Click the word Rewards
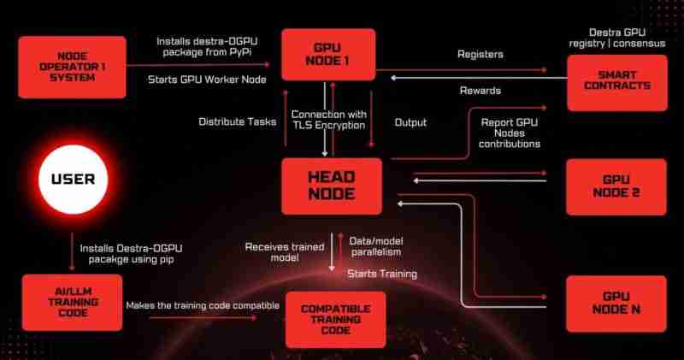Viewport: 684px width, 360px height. (x=480, y=91)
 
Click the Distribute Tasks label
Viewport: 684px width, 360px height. (x=238, y=121)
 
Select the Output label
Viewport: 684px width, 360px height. (x=410, y=122)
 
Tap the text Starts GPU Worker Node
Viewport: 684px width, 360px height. (x=206, y=80)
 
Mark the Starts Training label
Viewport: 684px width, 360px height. (x=381, y=274)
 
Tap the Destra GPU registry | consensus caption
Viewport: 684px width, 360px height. (x=616, y=37)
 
